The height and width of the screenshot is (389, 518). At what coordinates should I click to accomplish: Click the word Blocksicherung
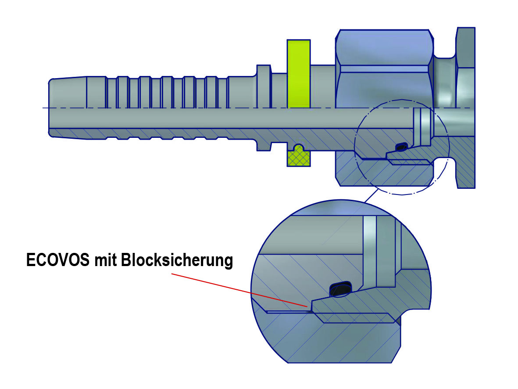tap(177, 260)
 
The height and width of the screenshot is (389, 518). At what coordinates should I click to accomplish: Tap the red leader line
tap(240, 290)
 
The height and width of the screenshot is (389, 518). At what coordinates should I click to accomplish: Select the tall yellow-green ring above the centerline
tap(299, 74)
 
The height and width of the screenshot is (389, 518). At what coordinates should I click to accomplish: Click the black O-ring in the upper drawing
tap(402, 146)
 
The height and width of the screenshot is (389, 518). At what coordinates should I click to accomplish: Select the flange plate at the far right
tap(465, 108)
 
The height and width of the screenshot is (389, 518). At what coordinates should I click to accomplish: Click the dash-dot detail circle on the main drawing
tap(402, 147)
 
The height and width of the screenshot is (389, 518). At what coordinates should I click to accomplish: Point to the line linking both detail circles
tap(371, 195)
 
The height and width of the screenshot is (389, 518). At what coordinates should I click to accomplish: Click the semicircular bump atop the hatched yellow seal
tap(299, 148)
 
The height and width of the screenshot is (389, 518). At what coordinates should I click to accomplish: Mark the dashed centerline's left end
tap(43, 108)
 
